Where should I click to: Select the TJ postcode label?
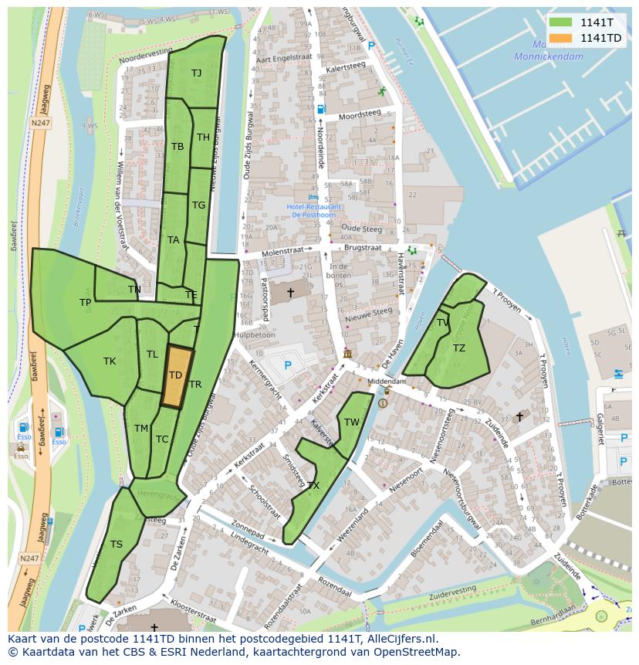[197, 73]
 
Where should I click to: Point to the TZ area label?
[459, 348]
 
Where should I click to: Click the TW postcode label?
[352, 422]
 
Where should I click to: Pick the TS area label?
[117, 545]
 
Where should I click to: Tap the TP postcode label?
[85, 303]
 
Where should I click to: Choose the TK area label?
[110, 361]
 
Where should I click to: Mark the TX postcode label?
[313, 486]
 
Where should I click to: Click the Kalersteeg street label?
[345, 68]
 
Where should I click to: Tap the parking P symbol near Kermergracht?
[288, 365]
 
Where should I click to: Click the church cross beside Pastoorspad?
[291, 292]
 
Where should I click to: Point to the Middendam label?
[386, 382]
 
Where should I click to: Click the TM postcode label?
[140, 429]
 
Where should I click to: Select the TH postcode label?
[203, 137]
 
